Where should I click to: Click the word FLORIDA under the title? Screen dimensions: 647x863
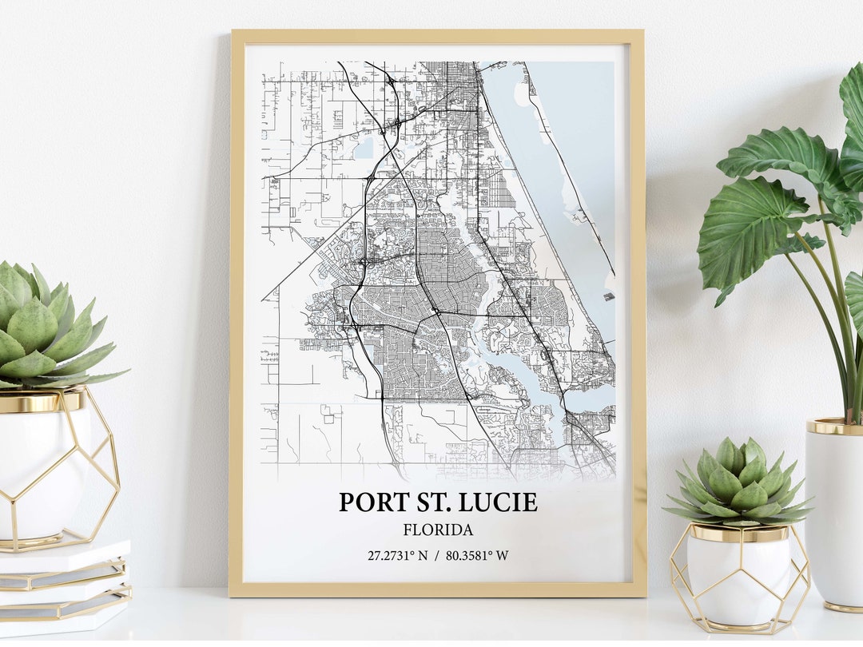click(438, 530)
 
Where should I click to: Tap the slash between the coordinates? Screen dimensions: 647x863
click(437, 555)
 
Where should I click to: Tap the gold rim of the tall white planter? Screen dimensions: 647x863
click(835, 427)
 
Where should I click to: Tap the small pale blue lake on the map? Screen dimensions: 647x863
click(365, 147)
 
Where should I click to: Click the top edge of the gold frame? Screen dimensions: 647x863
click(437, 36)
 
